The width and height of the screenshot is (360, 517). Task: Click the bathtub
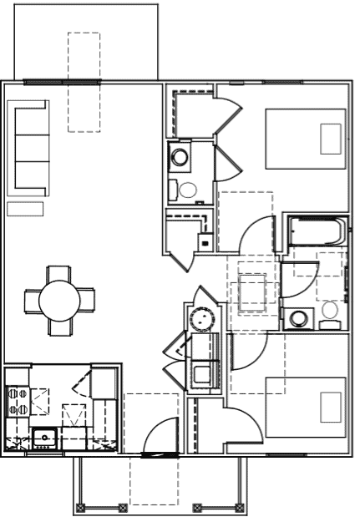pos(316,231)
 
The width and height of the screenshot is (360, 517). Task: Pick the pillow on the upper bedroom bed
pos(332,139)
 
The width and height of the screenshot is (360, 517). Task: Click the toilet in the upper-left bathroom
pos(187,189)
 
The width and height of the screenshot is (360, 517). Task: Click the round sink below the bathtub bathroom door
pos(297,319)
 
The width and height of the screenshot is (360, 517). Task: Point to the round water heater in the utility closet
pos(201,318)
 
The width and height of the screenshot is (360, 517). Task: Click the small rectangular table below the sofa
pos(25,209)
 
